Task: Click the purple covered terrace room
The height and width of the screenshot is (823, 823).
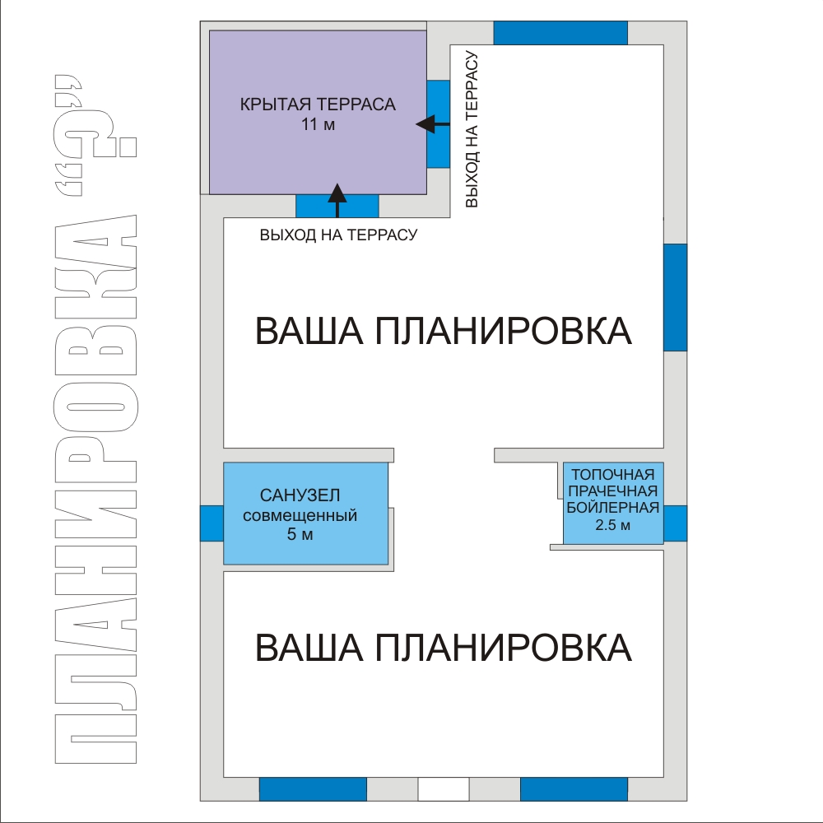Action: (318, 112)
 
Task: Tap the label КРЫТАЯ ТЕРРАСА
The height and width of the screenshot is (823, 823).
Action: (318, 105)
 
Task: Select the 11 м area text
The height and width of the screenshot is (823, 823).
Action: (318, 125)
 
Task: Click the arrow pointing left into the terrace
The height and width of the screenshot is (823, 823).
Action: (433, 124)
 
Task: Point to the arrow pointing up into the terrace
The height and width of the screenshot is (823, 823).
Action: (337, 201)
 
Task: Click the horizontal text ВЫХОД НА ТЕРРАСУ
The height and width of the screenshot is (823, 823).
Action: (338, 235)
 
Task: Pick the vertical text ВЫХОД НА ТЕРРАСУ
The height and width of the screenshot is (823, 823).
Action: (472, 129)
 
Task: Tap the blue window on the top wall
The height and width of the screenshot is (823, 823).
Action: (560, 33)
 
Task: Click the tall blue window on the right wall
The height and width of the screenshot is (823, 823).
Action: (676, 297)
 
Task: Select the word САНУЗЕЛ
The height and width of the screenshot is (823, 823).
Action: (300, 495)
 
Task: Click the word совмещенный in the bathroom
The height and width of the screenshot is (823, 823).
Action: (300, 515)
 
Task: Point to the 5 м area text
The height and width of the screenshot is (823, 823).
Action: (300, 534)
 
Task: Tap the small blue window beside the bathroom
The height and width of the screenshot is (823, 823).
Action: (212, 523)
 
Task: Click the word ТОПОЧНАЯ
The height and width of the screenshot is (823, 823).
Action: (613, 475)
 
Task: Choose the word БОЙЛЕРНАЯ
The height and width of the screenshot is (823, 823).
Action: (613, 508)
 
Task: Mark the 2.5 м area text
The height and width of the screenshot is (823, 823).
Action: (613, 525)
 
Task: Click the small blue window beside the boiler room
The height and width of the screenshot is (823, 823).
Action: (676, 523)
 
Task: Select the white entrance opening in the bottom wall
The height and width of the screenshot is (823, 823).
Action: (444, 789)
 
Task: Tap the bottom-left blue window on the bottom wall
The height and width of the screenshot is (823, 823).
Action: (313, 789)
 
